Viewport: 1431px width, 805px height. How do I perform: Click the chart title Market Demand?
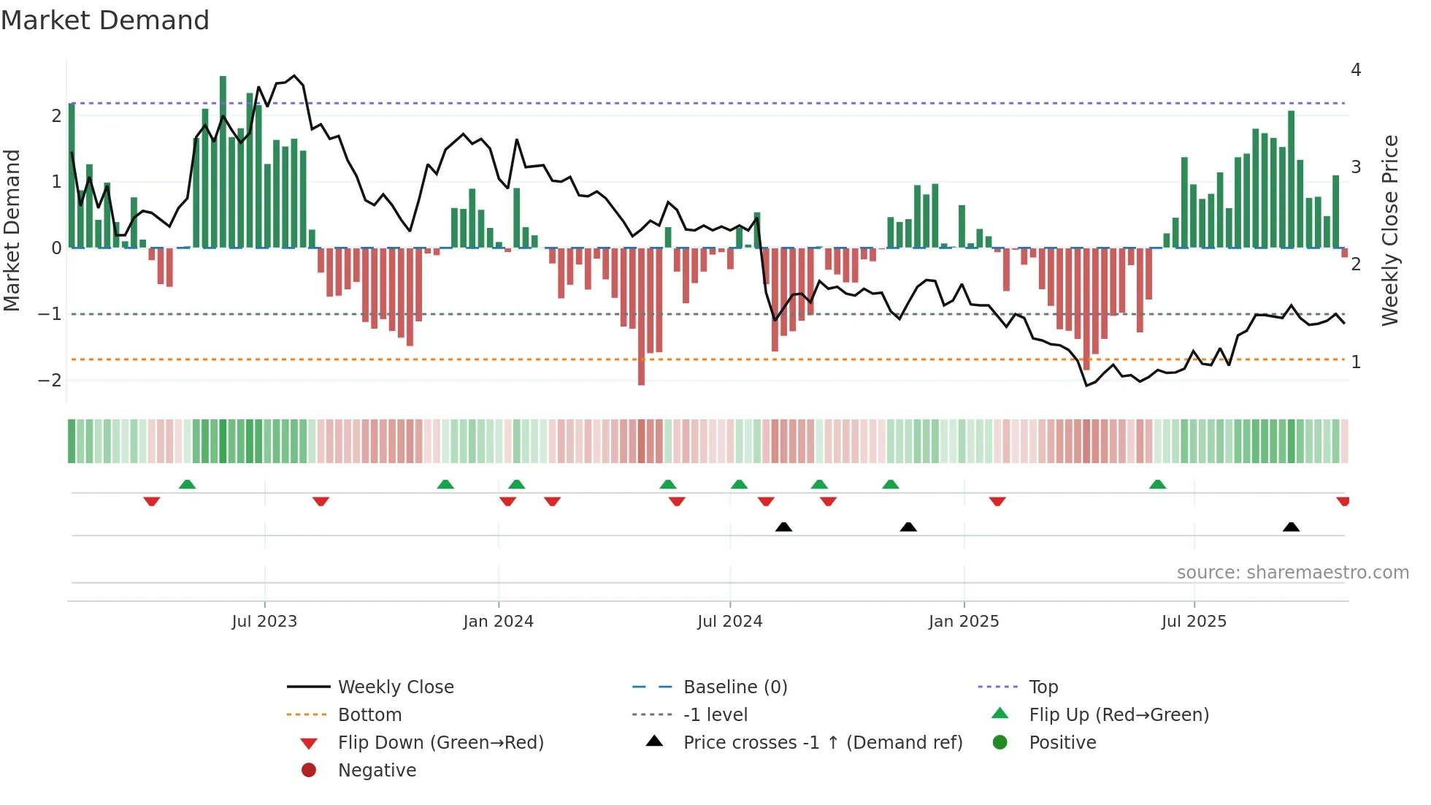click(x=105, y=20)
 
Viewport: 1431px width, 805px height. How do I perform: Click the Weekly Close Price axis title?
click(x=1390, y=230)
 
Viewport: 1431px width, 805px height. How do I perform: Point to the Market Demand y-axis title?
click(x=12, y=230)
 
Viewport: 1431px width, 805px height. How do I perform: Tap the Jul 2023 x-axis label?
click(x=264, y=622)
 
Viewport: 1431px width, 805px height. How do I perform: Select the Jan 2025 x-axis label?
click(x=964, y=622)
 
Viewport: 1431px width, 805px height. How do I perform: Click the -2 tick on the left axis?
click(x=50, y=380)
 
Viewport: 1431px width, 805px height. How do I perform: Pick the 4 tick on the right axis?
click(x=1356, y=70)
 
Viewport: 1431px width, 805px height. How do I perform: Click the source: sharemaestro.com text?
click(x=1292, y=573)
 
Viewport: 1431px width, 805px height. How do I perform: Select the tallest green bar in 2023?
click(x=223, y=161)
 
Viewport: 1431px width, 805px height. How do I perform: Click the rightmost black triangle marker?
click(x=1291, y=527)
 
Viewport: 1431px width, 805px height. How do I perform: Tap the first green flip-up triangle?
click(x=187, y=484)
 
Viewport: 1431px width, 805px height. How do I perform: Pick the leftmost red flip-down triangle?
click(x=152, y=501)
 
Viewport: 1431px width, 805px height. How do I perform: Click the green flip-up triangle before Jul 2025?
click(x=1157, y=484)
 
